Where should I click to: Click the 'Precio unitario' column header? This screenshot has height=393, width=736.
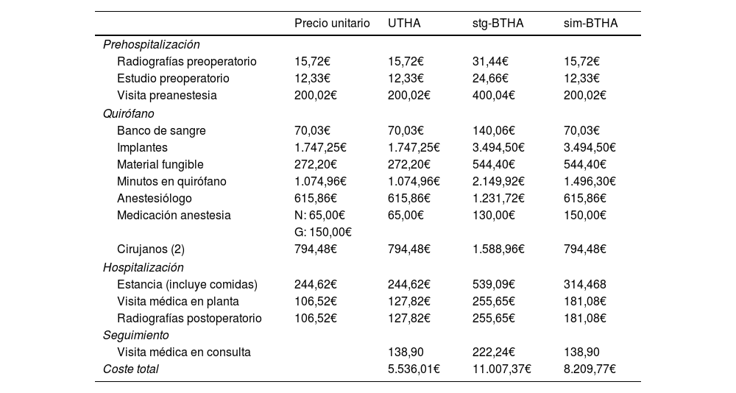pos(332,24)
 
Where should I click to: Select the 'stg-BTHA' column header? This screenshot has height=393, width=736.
pos(498,24)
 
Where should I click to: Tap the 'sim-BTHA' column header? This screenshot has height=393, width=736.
pos(590,24)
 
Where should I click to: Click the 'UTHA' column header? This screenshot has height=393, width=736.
pos(404,24)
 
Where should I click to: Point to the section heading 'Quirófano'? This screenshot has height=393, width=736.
pos(128,114)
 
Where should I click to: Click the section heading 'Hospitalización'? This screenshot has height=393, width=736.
pos(143,268)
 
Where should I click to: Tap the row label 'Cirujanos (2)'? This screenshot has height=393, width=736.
pos(150,249)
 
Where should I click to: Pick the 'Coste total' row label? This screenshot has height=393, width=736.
pos(130,369)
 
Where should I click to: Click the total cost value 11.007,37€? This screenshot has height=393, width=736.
pos(501,369)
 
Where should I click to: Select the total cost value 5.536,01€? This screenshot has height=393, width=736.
pos(414,369)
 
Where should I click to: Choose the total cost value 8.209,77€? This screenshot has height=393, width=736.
pos(590,369)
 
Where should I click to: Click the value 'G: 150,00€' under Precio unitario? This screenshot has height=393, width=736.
pos(322,233)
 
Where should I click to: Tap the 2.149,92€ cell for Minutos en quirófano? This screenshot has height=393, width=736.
pos(498,182)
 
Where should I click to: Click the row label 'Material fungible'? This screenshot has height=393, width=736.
pos(160,165)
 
